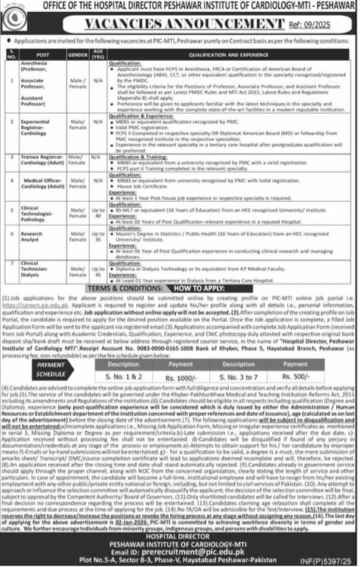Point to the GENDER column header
77,54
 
